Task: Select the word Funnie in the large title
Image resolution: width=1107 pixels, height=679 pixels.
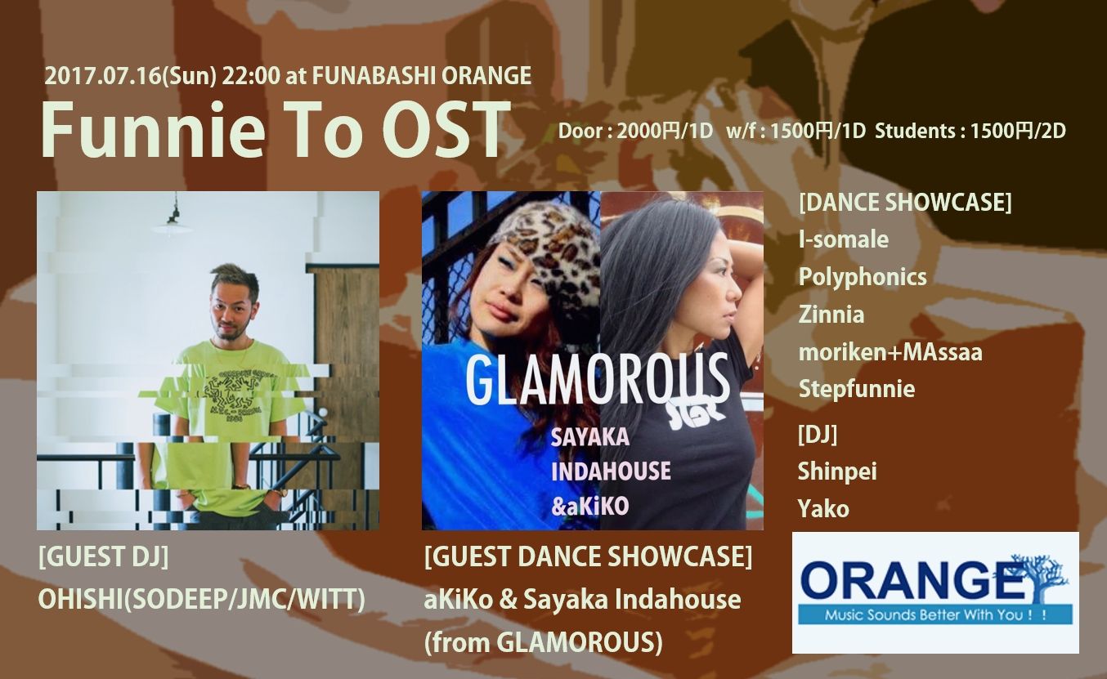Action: click(x=150, y=131)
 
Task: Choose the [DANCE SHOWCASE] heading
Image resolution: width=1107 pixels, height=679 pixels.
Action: click(x=904, y=203)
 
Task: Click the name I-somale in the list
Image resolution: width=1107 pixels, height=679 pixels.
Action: click(x=843, y=239)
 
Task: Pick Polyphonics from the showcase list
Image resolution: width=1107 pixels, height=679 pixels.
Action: click(x=863, y=277)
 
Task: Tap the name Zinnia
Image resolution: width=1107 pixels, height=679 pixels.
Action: click(x=831, y=315)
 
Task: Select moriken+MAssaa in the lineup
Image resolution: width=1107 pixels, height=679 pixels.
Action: click(x=890, y=352)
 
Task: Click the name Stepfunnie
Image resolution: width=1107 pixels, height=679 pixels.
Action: click(x=856, y=389)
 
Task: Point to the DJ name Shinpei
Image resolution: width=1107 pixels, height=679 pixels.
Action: click(x=837, y=471)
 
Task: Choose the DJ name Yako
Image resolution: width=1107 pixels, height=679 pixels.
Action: click(x=823, y=509)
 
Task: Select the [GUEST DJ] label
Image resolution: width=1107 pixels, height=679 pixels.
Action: click(x=103, y=558)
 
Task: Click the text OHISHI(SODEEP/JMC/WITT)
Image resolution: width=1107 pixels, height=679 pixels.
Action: click(x=201, y=599)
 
